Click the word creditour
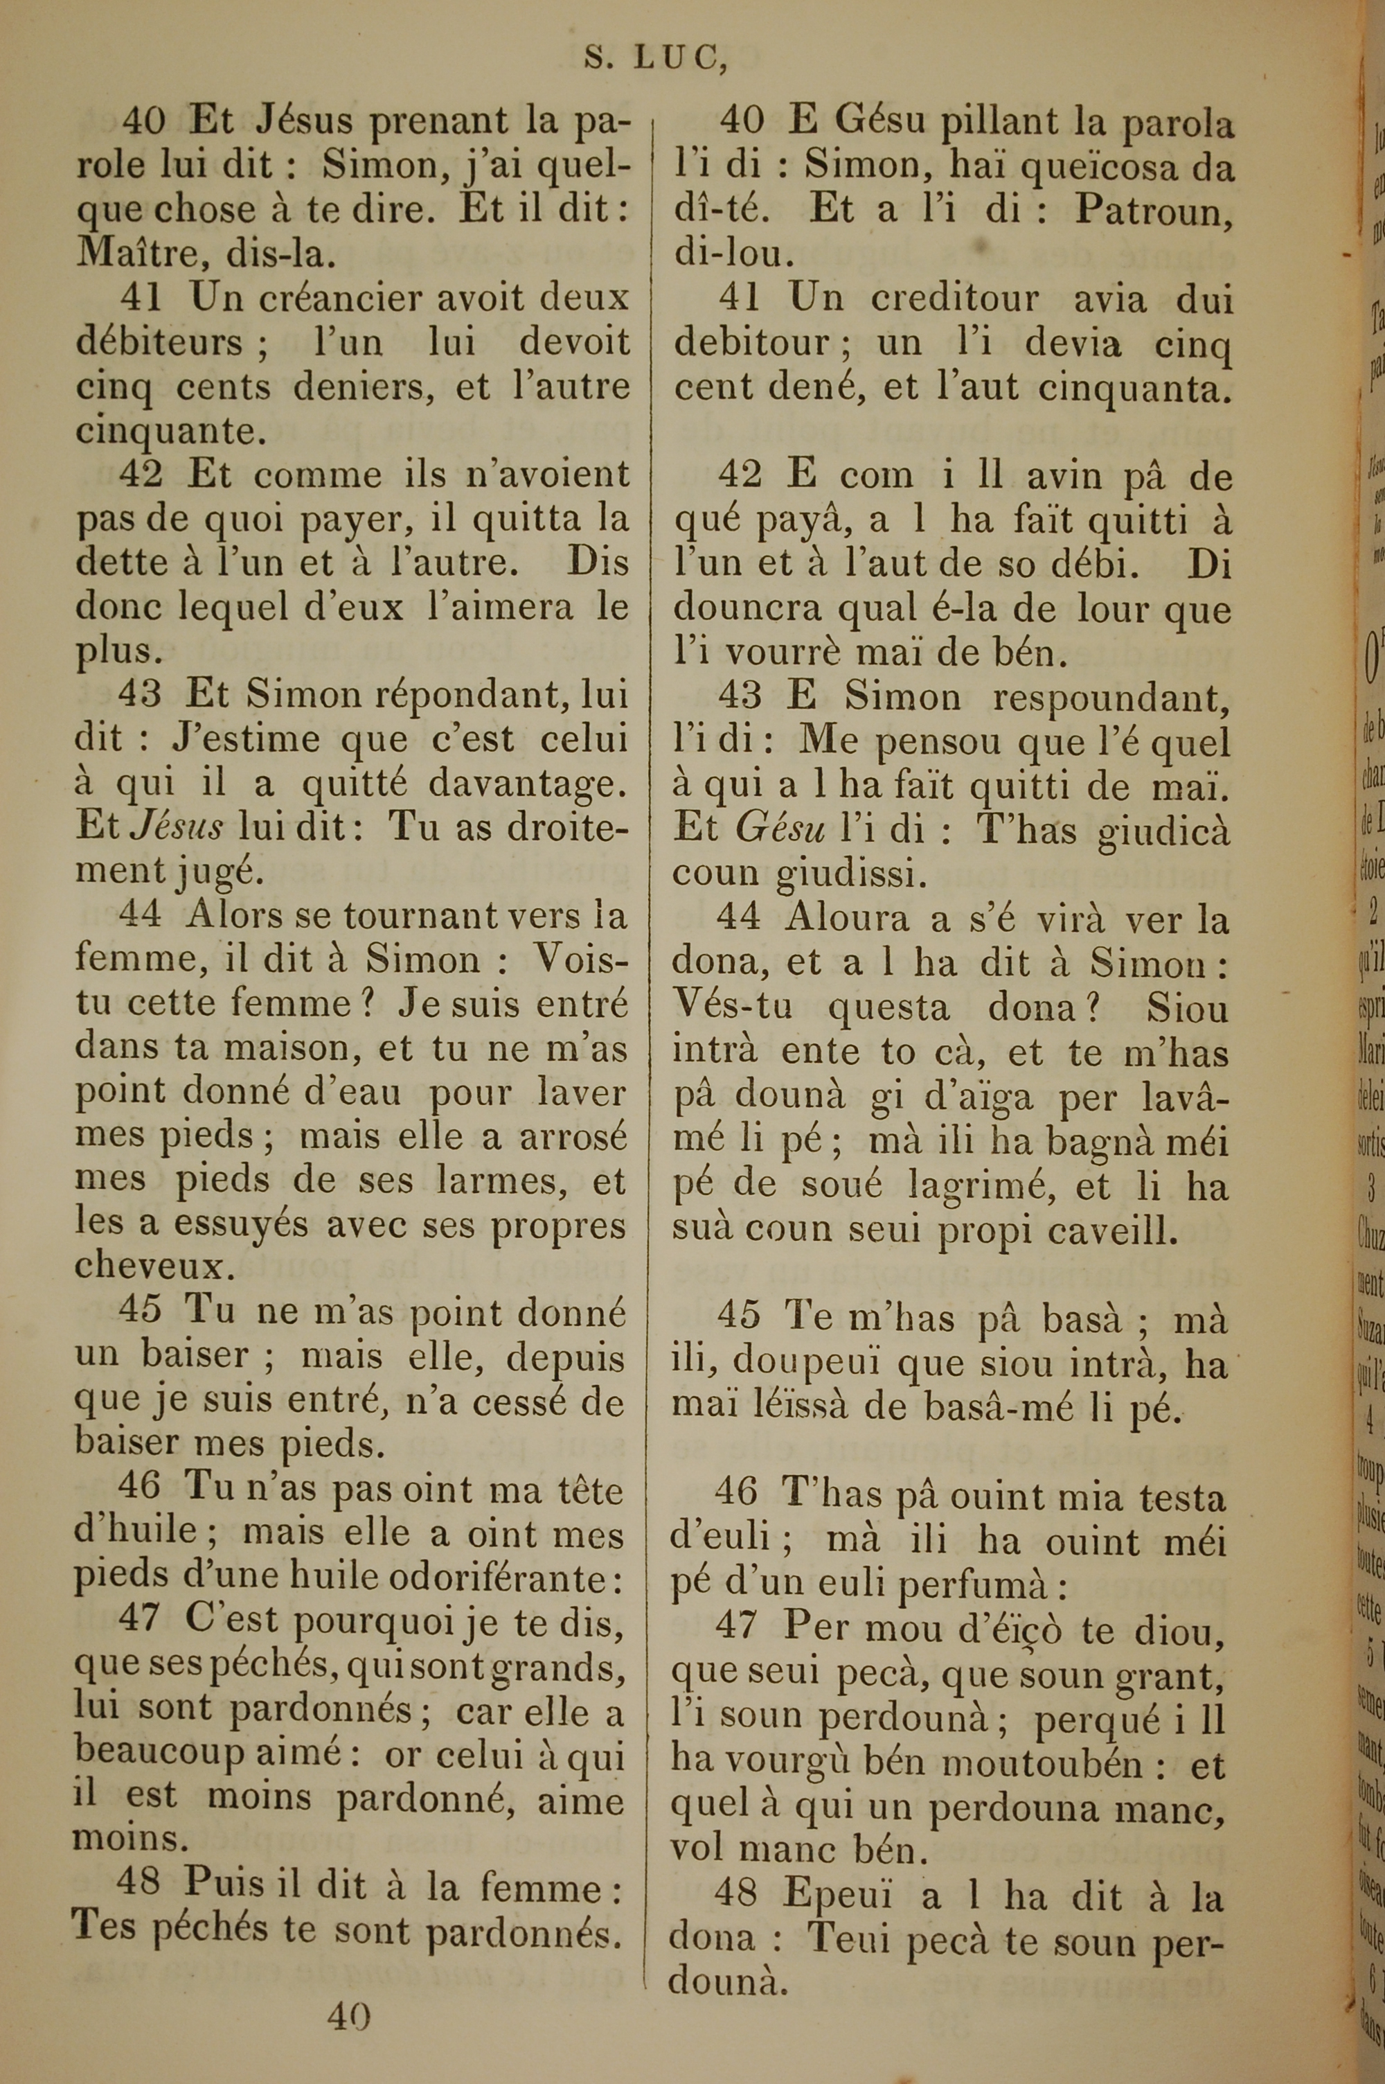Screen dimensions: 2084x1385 coord(955,299)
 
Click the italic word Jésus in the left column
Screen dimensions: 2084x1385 coord(177,828)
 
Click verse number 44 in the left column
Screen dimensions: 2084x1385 coord(141,915)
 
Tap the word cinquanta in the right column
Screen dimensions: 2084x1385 coord(1134,388)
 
